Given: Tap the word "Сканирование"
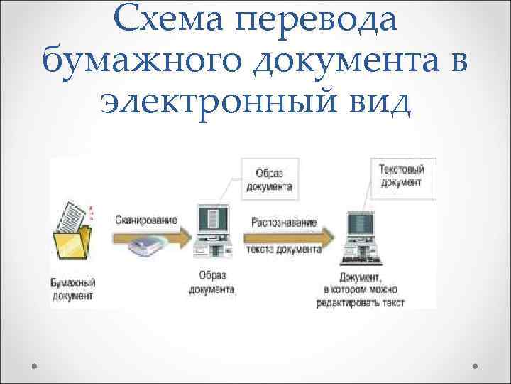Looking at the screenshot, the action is pos(146,220).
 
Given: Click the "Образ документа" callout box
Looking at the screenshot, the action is pos(269,179).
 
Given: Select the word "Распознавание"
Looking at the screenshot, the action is pos(284,223).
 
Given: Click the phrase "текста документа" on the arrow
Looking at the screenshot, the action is pos(284,250).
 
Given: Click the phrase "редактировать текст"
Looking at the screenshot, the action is pos(361,303).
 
